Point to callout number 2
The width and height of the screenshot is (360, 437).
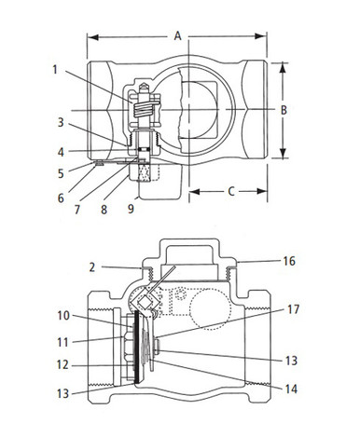(93, 267)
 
